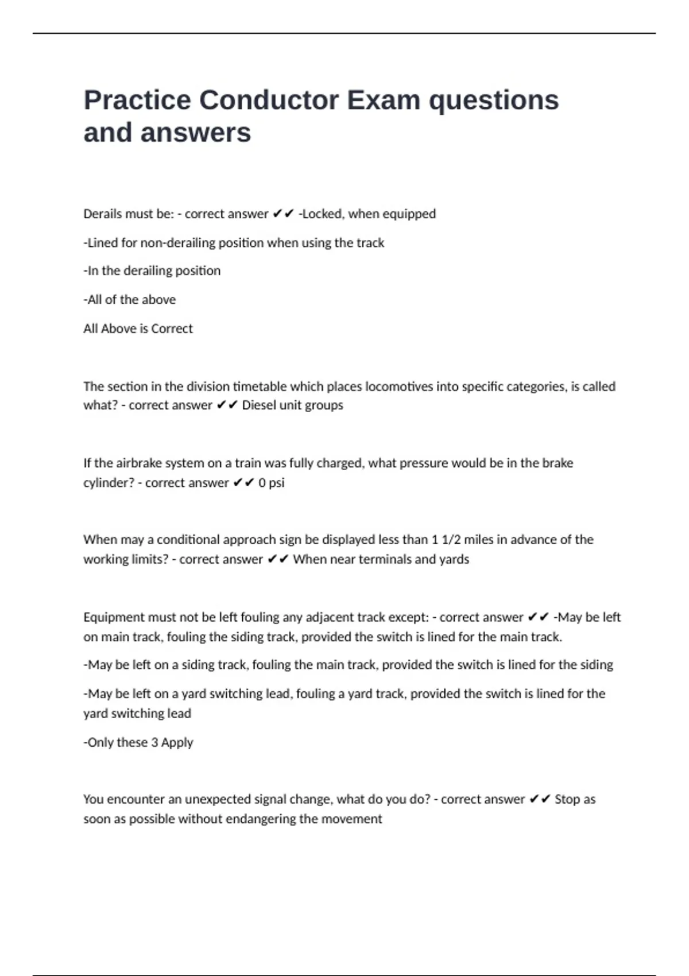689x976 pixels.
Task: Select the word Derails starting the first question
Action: [x=102, y=214]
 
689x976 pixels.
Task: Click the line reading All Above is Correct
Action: [x=138, y=328]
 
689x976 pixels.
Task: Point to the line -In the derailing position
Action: [x=152, y=271]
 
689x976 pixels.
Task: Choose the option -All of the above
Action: [x=129, y=300]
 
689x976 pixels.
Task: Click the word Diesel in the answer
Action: [x=259, y=405]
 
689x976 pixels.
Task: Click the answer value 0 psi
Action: [x=271, y=483]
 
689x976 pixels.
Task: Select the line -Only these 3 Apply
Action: [x=138, y=742]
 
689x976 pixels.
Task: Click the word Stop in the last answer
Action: [x=567, y=799]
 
